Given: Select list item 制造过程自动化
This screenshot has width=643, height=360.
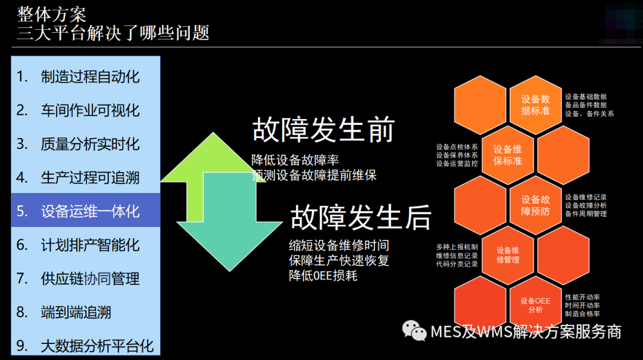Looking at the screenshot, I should pyautogui.click(x=90, y=77).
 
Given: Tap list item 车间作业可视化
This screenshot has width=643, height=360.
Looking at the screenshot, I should pyautogui.click(x=90, y=111).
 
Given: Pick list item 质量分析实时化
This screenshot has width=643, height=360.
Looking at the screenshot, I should pyautogui.click(x=90, y=144).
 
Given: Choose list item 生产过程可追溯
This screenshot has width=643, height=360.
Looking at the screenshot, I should pyautogui.click(x=90, y=177).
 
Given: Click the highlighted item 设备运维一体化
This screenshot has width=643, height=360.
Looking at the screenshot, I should pyautogui.click(x=90, y=211).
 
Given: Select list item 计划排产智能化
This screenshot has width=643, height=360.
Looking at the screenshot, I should pyautogui.click(x=90, y=245).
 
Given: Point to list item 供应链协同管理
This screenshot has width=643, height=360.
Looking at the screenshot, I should pyautogui.click(x=90, y=278).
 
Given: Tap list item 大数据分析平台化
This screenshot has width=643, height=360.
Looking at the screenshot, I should pyautogui.click(x=97, y=346).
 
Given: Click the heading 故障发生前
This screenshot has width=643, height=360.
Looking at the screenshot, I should pyautogui.click(x=324, y=130).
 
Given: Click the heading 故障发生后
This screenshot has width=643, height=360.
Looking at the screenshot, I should pyautogui.click(x=361, y=217).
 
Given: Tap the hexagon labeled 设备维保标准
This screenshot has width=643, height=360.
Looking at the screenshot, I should pyautogui.click(x=508, y=155).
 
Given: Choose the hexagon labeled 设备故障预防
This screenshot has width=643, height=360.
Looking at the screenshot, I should pyautogui.click(x=535, y=206).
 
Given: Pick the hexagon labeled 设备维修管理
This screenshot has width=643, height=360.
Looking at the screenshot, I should pyautogui.click(x=508, y=255).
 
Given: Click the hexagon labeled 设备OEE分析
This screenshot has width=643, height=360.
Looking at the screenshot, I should pyautogui.click(x=535, y=305).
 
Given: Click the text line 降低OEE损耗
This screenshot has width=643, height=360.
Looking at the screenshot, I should pyautogui.click(x=323, y=276).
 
